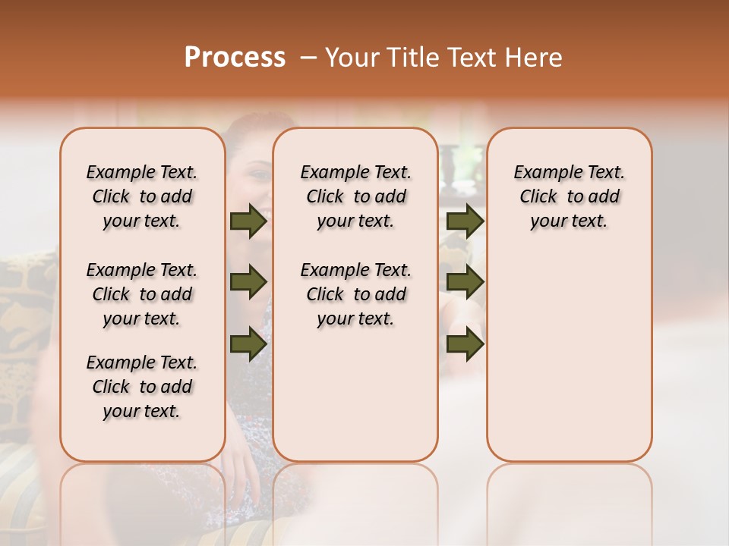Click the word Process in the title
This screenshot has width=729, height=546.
coord(235,58)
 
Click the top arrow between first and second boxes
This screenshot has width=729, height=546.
coord(248,221)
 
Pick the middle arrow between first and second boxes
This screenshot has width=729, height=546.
coord(248,283)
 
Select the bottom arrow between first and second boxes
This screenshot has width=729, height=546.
coord(248,344)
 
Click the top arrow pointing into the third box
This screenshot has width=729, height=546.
coord(465,221)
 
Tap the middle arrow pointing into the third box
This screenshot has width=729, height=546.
coord(465,283)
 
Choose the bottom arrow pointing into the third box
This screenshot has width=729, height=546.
coord(465,344)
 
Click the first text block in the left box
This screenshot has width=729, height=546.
coord(142,196)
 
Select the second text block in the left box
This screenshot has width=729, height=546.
coord(142,294)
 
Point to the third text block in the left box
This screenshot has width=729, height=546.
coord(142,387)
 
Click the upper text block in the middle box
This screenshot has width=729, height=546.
coord(355,196)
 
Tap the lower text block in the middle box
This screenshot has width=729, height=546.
coord(355,294)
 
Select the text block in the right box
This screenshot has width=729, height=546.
coord(569,196)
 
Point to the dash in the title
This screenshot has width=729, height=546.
coord(308,58)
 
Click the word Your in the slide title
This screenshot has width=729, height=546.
coord(355,58)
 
